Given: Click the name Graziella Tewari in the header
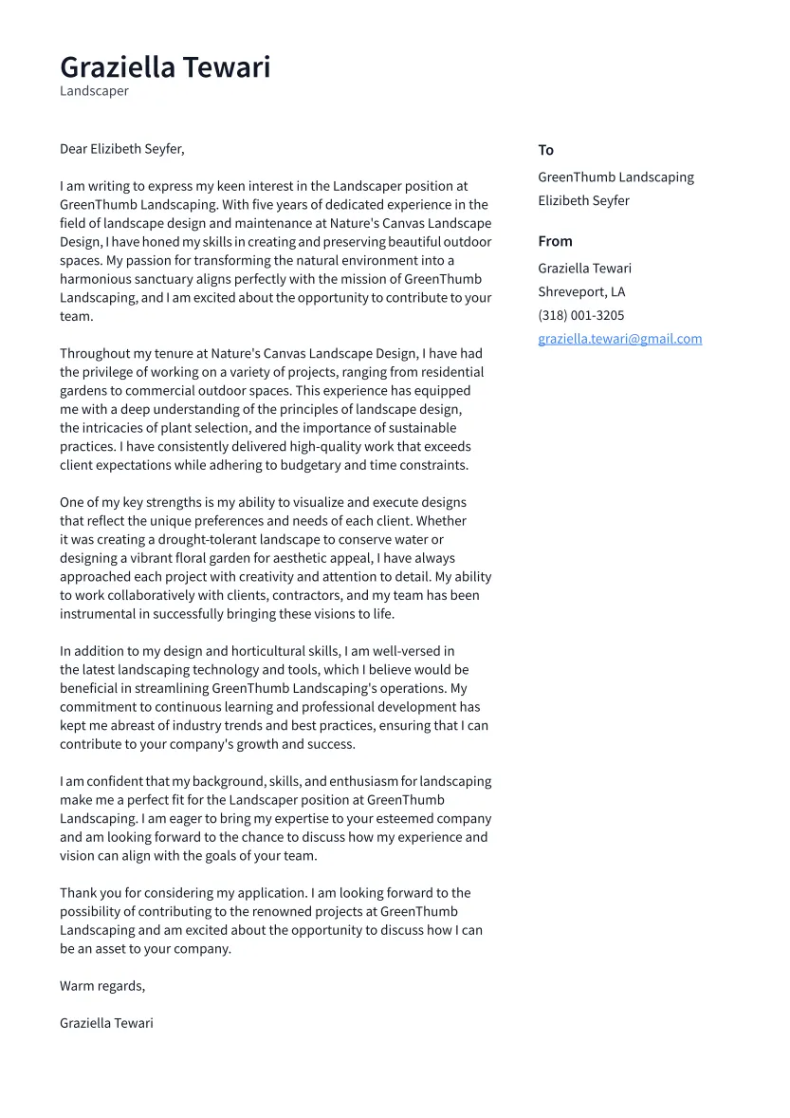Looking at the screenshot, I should click(165, 67).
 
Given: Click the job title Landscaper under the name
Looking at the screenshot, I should click(94, 91).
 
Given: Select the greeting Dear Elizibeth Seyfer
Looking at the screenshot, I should click(121, 149).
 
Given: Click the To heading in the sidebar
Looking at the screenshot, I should click(545, 150).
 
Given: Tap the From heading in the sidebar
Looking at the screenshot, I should click(555, 241).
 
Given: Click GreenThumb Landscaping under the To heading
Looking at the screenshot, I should click(615, 177).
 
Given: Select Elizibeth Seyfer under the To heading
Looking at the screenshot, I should click(583, 201).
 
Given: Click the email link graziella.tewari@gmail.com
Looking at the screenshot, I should click(619, 339).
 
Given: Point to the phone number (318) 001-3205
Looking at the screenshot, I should click(580, 315).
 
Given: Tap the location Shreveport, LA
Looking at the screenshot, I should click(581, 292).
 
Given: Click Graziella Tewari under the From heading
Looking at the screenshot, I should click(584, 269).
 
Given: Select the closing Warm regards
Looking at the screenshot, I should click(102, 986).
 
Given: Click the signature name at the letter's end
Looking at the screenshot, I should click(106, 1023).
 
